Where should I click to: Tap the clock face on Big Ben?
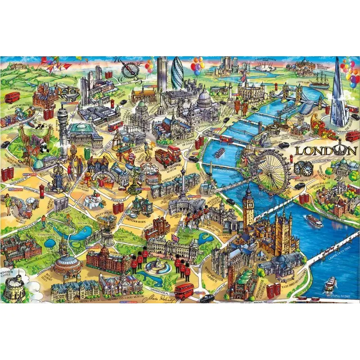tap(248, 207)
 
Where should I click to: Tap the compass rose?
tap(130, 67)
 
